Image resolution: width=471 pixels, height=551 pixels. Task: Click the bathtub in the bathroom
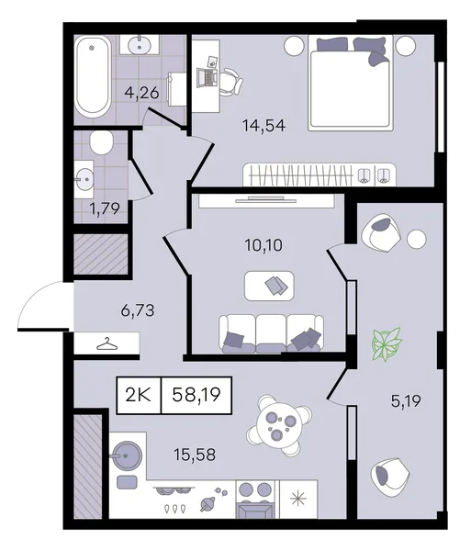pyautogui.click(x=93, y=77)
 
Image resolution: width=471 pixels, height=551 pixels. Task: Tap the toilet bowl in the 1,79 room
pyautogui.click(x=101, y=142)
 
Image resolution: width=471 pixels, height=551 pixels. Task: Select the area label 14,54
pyautogui.click(x=264, y=126)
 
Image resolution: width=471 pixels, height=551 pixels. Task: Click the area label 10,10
pyautogui.click(x=264, y=245)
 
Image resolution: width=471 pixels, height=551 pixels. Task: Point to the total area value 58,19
pyautogui.click(x=196, y=395)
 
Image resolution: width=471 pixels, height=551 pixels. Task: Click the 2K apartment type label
pyautogui.click(x=138, y=395)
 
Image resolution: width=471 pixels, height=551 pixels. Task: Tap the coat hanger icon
pyautogui.click(x=107, y=344)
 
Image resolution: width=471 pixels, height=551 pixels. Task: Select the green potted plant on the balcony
pyautogui.click(x=387, y=344)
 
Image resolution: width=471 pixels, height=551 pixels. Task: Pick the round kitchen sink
pyautogui.click(x=128, y=455)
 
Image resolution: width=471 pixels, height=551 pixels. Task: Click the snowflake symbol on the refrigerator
pyautogui.click(x=297, y=498)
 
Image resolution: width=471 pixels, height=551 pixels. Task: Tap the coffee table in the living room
pyautogui.click(x=269, y=286)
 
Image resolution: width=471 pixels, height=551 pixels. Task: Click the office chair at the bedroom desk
pyautogui.click(x=231, y=82)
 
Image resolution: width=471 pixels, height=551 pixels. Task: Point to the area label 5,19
pyautogui.click(x=406, y=400)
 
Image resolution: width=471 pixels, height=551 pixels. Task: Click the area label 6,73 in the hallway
pyautogui.click(x=138, y=311)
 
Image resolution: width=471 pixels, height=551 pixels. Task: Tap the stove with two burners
pyautogui.click(x=255, y=500)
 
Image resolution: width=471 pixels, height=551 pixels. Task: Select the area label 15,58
pyautogui.click(x=195, y=455)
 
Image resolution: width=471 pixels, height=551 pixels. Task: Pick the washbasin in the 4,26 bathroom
pyautogui.click(x=140, y=45)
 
